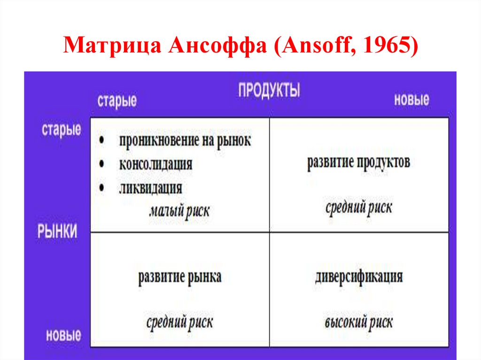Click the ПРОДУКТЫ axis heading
[269, 90]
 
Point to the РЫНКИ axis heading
[57, 231]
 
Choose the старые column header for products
[117, 101]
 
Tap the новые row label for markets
[63, 335]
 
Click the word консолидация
[155, 164]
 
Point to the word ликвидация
[150, 188]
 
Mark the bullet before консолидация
[102, 164]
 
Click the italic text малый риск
[179, 211]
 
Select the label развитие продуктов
[358, 162]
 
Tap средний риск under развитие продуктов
[358, 207]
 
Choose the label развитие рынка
[180, 276]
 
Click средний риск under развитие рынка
[179, 322]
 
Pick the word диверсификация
[359, 276]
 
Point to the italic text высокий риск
[358, 322]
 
